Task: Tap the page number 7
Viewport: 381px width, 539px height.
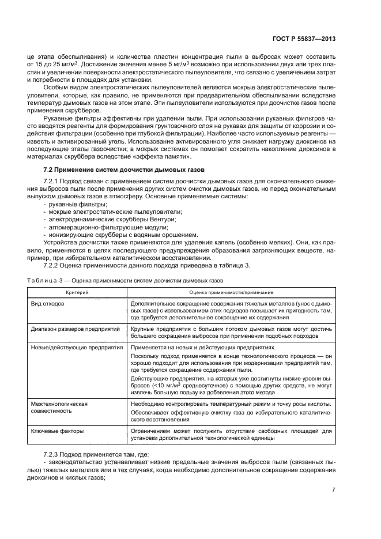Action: [x=334, y=491]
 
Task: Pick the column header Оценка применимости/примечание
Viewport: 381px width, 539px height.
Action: [x=231, y=293]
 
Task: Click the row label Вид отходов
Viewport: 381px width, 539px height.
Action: [x=48, y=303]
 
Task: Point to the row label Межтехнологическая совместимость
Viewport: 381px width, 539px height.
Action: [x=59, y=408]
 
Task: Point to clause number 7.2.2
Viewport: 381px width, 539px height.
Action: [x=53, y=265]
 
